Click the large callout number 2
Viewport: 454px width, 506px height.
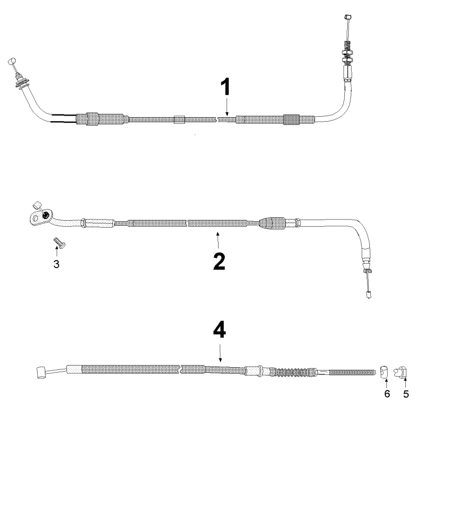[219, 262]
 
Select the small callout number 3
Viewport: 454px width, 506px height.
[56, 264]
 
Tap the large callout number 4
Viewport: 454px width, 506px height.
[219, 330]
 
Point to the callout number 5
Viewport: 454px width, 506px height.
[406, 394]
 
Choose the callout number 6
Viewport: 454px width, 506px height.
[387, 394]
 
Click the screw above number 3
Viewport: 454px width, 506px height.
[59, 242]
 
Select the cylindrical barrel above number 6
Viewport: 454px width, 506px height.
[384, 372]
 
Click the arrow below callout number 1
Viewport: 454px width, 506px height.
[227, 107]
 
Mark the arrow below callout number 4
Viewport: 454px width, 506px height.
[220, 353]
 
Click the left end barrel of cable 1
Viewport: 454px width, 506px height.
[12, 61]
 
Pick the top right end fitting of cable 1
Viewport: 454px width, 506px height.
[348, 17]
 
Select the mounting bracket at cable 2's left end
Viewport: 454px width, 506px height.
[39, 217]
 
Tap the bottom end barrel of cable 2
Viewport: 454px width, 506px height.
[368, 294]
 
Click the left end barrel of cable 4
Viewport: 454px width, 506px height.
[41, 372]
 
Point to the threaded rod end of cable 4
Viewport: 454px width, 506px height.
[353, 372]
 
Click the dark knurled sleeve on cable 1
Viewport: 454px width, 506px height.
[291, 119]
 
